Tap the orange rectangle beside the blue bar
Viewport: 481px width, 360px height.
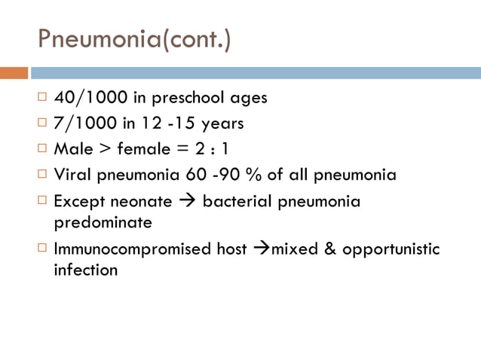point(14,73)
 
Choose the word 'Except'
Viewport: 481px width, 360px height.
point(78,202)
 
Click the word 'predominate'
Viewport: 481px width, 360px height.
point(103,223)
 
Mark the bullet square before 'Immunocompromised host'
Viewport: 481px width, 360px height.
point(43,248)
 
